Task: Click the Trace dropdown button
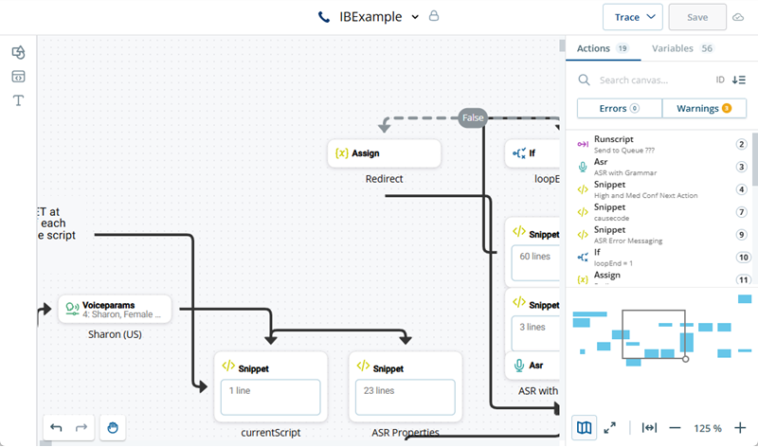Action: (632, 17)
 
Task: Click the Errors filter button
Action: (619, 108)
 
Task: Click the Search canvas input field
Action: (654, 80)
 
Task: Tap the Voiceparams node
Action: (115, 309)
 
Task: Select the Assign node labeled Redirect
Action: (384, 152)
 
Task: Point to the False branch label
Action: (473, 117)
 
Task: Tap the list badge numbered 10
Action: (743, 257)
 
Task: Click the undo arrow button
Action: (57, 427)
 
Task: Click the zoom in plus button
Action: (740, 428)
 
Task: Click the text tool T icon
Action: (18, 99)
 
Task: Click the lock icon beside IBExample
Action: (434, 16)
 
